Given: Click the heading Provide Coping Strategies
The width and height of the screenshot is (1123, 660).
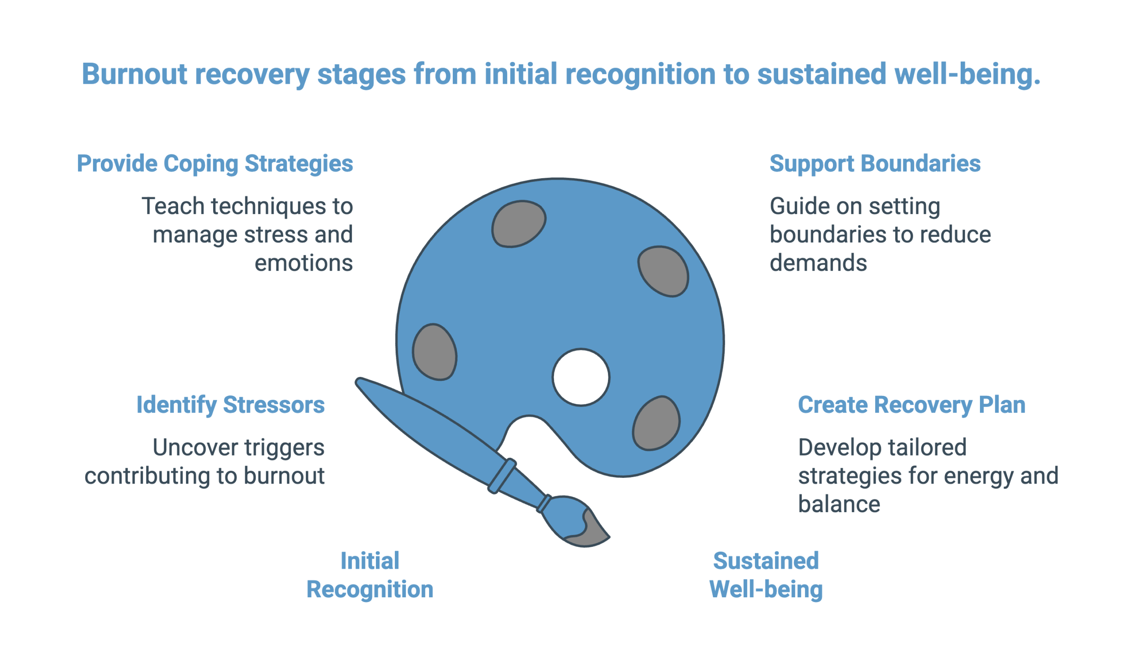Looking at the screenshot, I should click(215, 164).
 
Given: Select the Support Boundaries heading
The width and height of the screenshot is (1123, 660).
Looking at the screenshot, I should click(875, 164).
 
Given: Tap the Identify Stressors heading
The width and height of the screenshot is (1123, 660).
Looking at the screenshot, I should click(230, 405).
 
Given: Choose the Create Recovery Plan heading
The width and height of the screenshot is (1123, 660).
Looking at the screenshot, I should click(911, 405).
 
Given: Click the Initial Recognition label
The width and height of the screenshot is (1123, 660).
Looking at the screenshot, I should click(369, 575).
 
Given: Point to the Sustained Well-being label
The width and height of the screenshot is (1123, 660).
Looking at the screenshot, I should click(765, 575).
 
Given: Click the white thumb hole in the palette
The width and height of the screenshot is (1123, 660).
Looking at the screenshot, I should click(581, 377).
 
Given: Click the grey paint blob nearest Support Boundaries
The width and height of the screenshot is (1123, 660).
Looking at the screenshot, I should click(663, 271).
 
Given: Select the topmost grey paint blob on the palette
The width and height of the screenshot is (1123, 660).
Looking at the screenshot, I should click(518, 224).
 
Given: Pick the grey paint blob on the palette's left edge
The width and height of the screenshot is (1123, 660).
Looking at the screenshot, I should click(434, 352).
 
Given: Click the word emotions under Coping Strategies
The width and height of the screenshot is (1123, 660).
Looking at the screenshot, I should click(304, 263).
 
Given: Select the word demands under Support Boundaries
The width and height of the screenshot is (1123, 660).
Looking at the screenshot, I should click(818, 263).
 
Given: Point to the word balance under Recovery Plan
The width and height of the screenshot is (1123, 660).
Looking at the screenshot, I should click(839, 504).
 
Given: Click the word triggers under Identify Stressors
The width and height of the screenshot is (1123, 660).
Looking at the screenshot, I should click(284, 448).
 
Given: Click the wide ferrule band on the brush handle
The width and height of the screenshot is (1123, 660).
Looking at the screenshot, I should click(502, 476).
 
